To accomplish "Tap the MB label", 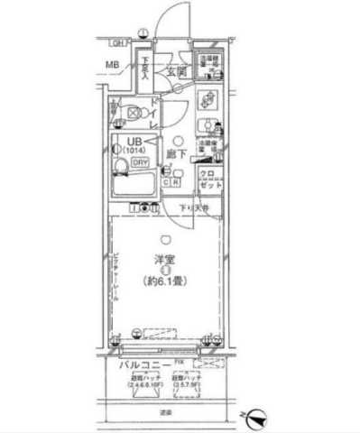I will click(112, 65).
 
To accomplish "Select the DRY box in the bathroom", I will click(140, 162).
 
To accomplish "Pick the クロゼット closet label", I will click(207, 177).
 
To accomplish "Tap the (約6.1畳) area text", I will click(164, 280).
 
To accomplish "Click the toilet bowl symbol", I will click(132, 114).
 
